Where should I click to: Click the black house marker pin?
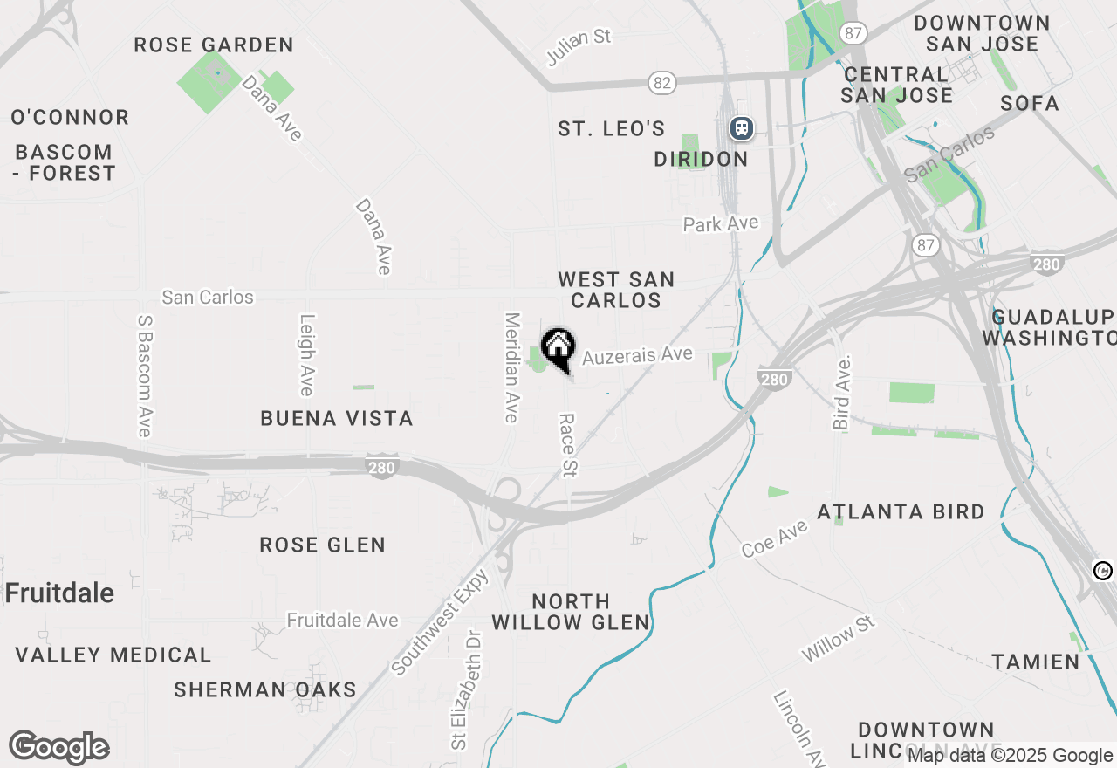558,348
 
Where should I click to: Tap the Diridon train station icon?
742,128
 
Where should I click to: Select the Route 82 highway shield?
662,83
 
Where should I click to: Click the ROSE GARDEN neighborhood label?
214,45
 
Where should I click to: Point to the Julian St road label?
579,47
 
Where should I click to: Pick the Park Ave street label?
721,224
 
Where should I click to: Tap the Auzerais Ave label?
637,356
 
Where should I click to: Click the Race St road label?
568,445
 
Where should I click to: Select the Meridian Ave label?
512,367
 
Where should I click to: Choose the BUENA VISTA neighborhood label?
337,419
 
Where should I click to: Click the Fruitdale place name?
59,593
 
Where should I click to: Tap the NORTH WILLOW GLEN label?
571,612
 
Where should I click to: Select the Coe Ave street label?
775,539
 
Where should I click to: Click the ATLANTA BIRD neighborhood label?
901,512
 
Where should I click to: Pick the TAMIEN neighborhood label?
1036,662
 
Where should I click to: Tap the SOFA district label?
1030,104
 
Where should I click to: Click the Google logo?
59,748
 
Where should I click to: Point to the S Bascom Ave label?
145,375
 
